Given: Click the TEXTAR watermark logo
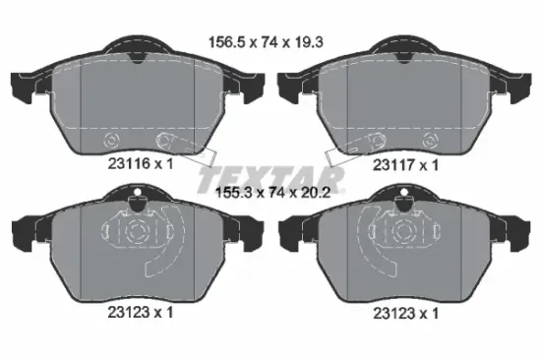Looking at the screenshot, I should click(x=271, y=179).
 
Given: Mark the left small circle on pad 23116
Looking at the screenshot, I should click(x=111, y=138).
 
